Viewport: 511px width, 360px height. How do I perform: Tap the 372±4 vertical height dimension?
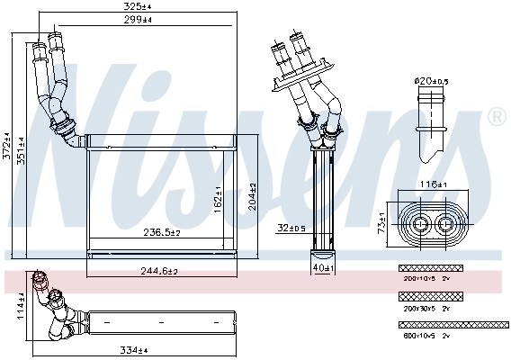pyautogui.click(x=6, y=139)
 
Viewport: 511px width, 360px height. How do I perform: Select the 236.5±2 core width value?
pyautogui.click(x=162, y=232)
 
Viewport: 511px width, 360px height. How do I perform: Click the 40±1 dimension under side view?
pyautogui.click(x=321, y=267)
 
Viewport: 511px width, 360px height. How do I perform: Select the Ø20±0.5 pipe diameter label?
pyautogui.click(x=430, y=81)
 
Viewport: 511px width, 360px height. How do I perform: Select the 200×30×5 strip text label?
pyautogui.click(x=421, y=308)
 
